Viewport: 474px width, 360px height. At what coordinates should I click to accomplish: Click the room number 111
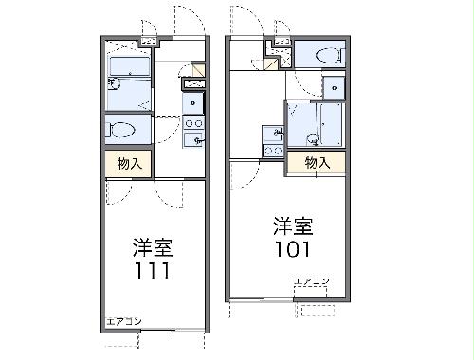(x=151, y=272)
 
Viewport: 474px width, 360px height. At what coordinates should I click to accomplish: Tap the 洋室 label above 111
(x=152, y=248)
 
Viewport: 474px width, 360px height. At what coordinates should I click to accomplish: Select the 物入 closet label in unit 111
(x=129, y=163)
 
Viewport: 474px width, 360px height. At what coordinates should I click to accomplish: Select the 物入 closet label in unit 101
(x=318, y=162)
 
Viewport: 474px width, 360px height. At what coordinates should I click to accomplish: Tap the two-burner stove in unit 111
(x=193, y=123)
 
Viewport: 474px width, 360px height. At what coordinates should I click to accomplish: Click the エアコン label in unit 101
(x=311, y=282)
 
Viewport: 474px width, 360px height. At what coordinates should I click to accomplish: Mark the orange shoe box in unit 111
(x=197, y=69)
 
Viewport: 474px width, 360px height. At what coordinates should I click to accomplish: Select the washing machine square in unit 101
(x=335, y=87)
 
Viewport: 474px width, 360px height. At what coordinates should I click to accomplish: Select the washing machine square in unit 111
(x=193, y=102)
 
